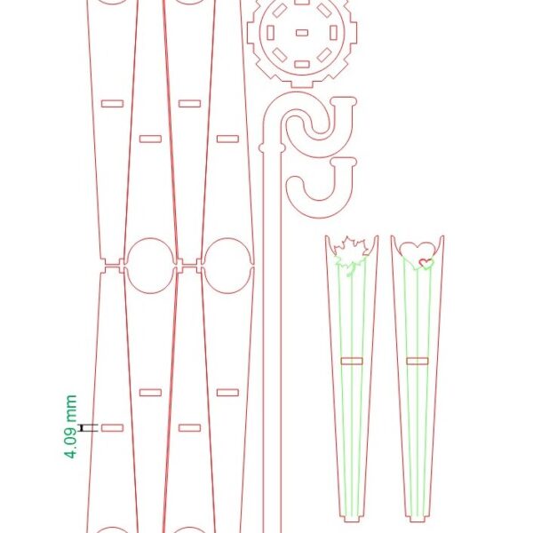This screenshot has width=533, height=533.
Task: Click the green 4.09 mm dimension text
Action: [71, 426]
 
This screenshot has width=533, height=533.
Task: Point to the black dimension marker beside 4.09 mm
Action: [89, 427]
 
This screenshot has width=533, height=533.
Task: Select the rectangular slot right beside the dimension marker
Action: [112, 428]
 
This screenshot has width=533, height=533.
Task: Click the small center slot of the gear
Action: [302, 33]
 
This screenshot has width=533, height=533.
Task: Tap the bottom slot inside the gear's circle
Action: [302, 64]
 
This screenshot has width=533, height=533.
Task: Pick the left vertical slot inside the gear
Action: [270, 33]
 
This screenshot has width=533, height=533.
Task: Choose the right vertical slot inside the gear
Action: [333, 33]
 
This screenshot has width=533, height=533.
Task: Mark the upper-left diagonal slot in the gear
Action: [280, 11]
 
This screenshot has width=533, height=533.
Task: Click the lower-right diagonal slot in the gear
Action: [324, 55]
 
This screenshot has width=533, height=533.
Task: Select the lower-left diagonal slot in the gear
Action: [280, 55]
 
